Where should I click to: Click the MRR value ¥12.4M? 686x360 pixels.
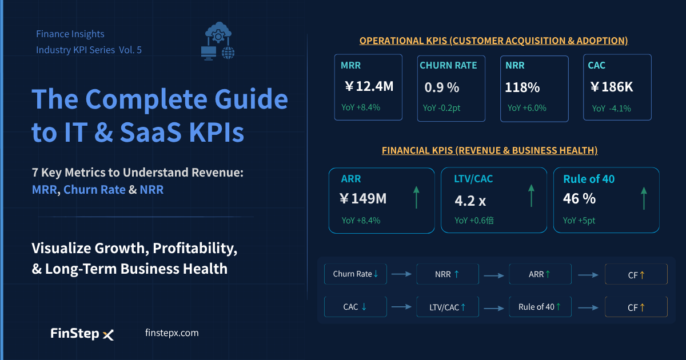[x=369, y=86]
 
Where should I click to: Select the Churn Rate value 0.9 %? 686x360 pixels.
[x=441, y=87]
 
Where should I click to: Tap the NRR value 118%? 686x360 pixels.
[x=522, y=87]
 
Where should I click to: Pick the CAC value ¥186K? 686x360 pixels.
[x=612, y=87]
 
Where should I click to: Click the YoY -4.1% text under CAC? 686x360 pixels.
[x=611, y=109]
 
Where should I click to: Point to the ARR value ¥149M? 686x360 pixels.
[x=363, y=199]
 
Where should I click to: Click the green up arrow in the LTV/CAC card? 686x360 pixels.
[x=531, y=195]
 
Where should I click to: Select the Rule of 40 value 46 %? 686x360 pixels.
[x=579, y=199]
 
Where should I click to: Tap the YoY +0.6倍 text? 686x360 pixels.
[x=474, y=221]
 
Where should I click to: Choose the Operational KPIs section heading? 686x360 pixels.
[x=494, y=41]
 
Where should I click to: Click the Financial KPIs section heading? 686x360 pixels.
[x=490, y=150]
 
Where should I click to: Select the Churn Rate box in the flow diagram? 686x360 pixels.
[x=355, y=274]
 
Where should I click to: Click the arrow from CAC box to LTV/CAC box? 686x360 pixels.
[x=401, y=306]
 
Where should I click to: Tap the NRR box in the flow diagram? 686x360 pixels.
[x=448, y=274]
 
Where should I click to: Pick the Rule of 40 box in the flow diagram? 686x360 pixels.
[x=540, y=306]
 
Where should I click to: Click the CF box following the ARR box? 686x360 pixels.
[x=636, y=274]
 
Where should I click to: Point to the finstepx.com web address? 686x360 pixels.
[x=172, y=333]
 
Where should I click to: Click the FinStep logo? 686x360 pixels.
[x=82, y=334]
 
